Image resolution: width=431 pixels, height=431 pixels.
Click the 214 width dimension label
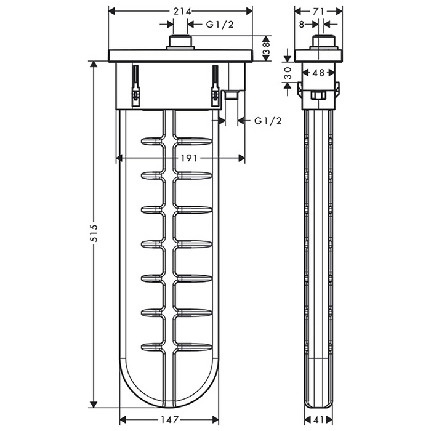181,11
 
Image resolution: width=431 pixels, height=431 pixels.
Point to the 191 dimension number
188,158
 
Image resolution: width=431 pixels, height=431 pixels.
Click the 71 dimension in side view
318,11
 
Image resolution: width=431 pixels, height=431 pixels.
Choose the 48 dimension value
318,73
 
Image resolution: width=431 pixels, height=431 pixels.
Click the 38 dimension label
267,47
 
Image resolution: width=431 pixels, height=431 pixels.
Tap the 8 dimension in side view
301,25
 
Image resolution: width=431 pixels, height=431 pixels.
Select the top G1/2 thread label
219,25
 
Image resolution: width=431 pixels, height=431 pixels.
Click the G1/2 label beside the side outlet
268,121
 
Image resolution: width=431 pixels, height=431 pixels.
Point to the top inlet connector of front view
181,42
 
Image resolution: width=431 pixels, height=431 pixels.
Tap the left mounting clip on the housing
135,86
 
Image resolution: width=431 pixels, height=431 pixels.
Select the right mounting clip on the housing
215,86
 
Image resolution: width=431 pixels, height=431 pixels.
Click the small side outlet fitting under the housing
232,95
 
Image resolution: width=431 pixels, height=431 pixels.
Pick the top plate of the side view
318,55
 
